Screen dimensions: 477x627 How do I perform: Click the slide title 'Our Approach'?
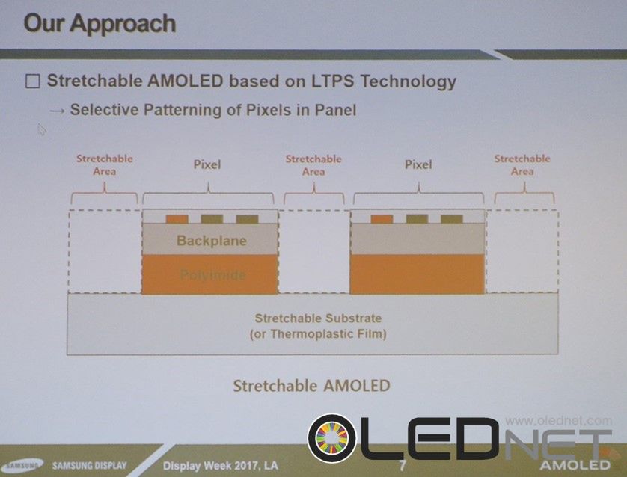100,23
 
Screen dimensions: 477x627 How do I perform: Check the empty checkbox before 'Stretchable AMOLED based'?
32,81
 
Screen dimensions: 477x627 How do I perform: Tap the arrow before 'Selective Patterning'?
57,110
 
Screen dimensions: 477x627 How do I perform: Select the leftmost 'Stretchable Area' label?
105,165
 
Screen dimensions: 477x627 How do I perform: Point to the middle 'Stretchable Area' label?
313,165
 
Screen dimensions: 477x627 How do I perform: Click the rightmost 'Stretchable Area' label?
522,165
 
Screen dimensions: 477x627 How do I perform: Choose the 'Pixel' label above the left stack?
207,164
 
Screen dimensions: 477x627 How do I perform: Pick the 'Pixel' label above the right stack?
418,164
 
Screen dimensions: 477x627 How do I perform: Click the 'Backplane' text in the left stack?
212,241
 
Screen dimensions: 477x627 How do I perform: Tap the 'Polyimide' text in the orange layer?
212,275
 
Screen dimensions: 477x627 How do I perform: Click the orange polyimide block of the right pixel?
418,274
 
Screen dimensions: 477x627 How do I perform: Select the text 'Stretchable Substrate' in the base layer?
318,318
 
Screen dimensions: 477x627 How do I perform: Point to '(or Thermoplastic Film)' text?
318,334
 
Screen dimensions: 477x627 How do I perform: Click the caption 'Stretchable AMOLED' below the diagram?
311,386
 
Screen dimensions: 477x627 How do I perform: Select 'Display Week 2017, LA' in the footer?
221,466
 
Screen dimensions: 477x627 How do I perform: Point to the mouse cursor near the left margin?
42,129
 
